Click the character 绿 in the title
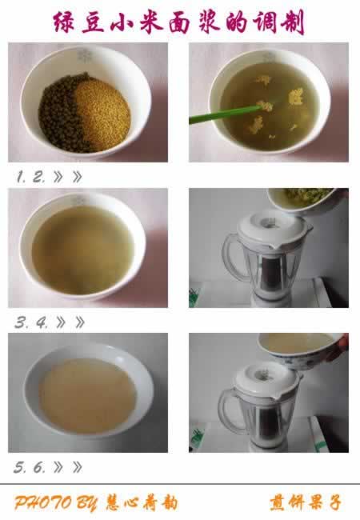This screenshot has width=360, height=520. pyautogui.click(x=64, y=22)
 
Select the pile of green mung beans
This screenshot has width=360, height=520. pyautogui.click(x=62, y=113)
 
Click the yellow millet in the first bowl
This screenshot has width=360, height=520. pyautogui.click(x=103, y=113)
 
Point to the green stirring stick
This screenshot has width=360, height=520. pyautogui.click(x=226, y=114)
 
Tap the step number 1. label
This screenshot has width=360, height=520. pyautogui.click(x=21, y=177)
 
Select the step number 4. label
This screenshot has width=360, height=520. pyautogui.click(x=42, y=322)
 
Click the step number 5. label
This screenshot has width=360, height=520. pyautogui.click(x=19, y=468)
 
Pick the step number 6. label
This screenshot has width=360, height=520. pyautogui.click(x=39, y=468)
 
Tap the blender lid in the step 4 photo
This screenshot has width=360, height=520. pyautogui.click(x=273, y=230)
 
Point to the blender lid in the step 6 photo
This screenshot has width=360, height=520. pyautogui.click(x=267, y=379)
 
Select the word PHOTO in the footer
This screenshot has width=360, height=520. pyautogui.click(x=42, y=502)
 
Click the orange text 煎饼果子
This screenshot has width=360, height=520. pyautogui.click(x=306, y=502)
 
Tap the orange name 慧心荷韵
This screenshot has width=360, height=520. pyautogui.click(x=142, y=503)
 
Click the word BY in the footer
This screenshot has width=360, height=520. pyautogui.click(x=86, y=503)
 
